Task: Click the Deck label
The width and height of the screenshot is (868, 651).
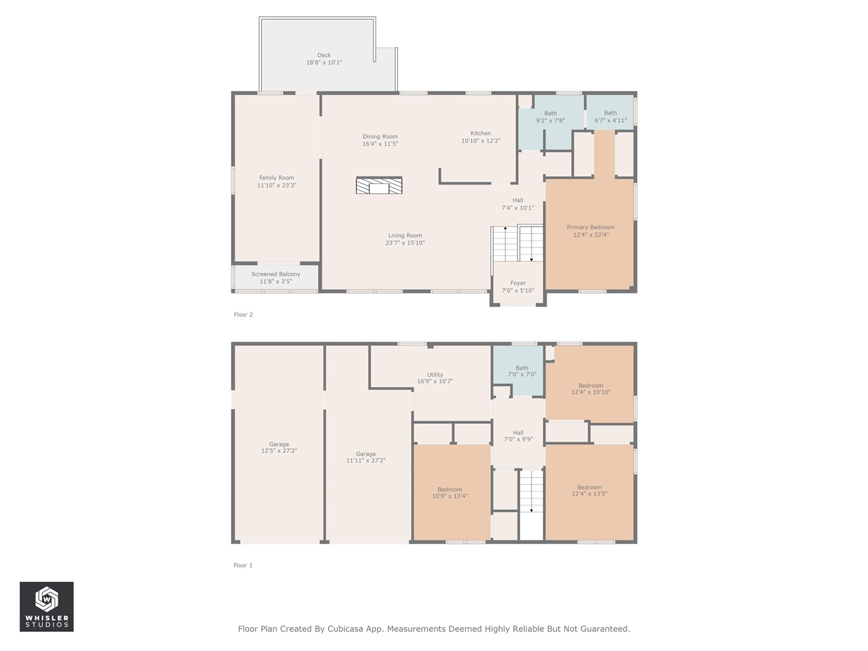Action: (324, 56)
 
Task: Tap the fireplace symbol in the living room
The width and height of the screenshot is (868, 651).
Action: (379, 185)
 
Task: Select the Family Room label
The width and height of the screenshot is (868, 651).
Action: (277, 178)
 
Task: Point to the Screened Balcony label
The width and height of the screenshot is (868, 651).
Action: (275, 274)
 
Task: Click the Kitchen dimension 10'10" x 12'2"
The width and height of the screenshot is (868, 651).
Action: (481, 141)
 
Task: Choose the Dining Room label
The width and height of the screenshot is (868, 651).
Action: (380, 136)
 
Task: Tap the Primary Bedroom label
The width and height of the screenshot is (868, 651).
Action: (591, 227)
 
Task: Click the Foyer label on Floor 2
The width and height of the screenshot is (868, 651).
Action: (518, 283)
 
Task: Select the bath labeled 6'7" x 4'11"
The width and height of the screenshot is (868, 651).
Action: (610, 117)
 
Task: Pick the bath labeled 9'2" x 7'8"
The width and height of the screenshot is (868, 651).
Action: (551, 117)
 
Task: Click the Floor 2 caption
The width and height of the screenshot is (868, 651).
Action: (243, 315)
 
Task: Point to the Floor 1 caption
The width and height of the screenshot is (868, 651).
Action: (243, 565)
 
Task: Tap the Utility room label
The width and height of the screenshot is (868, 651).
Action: (435, 374)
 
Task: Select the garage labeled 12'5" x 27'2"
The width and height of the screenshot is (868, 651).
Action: (279, 448)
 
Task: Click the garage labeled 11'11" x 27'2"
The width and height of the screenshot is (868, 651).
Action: (366, 457)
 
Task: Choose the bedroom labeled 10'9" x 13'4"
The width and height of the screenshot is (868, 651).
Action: (450, 492)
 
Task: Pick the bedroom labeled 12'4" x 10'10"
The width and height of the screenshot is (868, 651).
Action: (591, 389)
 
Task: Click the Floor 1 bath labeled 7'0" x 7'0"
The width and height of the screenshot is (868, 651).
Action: (521, 371)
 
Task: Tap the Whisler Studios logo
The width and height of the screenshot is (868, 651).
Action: (46, 606)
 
